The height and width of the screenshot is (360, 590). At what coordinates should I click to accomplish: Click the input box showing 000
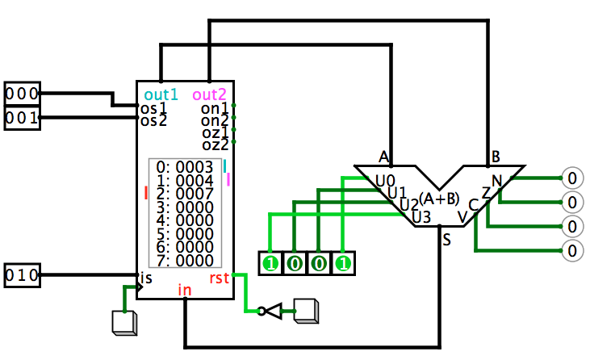pyautogui.click(x=23, y=94)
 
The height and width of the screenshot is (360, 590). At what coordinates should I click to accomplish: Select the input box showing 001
pyautogui.click(x=23, y=118)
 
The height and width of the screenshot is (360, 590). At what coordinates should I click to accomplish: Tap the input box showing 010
pyautogui.click(x=23, y=275)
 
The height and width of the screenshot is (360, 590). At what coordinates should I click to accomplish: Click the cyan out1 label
pyautogui.click(x=161, y=94)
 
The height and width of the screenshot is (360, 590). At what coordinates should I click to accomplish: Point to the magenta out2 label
pyautogui.click(x=210, y=94)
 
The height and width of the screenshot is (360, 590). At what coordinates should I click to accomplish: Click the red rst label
pyautogui.click(x=219, y=278)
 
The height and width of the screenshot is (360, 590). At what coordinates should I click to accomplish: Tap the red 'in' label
pyautogui.click(x=185, y=290)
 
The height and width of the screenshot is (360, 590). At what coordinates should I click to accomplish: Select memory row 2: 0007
pyautogui.click(x=185, y=194)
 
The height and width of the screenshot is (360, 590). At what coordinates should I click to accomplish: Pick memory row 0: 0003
pyautogui.click(x=185, y=167)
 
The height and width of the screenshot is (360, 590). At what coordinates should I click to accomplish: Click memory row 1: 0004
pyautogui.click(x=185, y=181)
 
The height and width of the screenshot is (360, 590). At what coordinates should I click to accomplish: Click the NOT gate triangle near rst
pyautogui.click(x=273, y=311)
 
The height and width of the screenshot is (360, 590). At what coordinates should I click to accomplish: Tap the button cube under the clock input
pyautogui.click(x=124, y=323)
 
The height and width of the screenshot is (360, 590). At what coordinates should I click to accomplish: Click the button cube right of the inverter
pyautogui.click(x=306, y=311)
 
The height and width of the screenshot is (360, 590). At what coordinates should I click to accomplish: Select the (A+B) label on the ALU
pyautogui.click(x=439, y=199)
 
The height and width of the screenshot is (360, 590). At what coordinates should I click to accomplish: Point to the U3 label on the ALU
pyautogui.click(x=421, y=217)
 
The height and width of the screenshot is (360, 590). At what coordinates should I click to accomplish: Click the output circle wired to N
pyautogui.click(x=572, y=178)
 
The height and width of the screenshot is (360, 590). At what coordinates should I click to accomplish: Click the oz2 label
pyautogui.click(x=215, y=144)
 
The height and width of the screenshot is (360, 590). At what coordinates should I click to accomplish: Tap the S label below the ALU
pyautogui.click(x=446, y=240)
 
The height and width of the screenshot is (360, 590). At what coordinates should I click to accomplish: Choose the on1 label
pyautogui.click(x=215, y=108)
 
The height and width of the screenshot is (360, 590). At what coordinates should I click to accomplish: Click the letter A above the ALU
pyautogui.click(x=383, y=157)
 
